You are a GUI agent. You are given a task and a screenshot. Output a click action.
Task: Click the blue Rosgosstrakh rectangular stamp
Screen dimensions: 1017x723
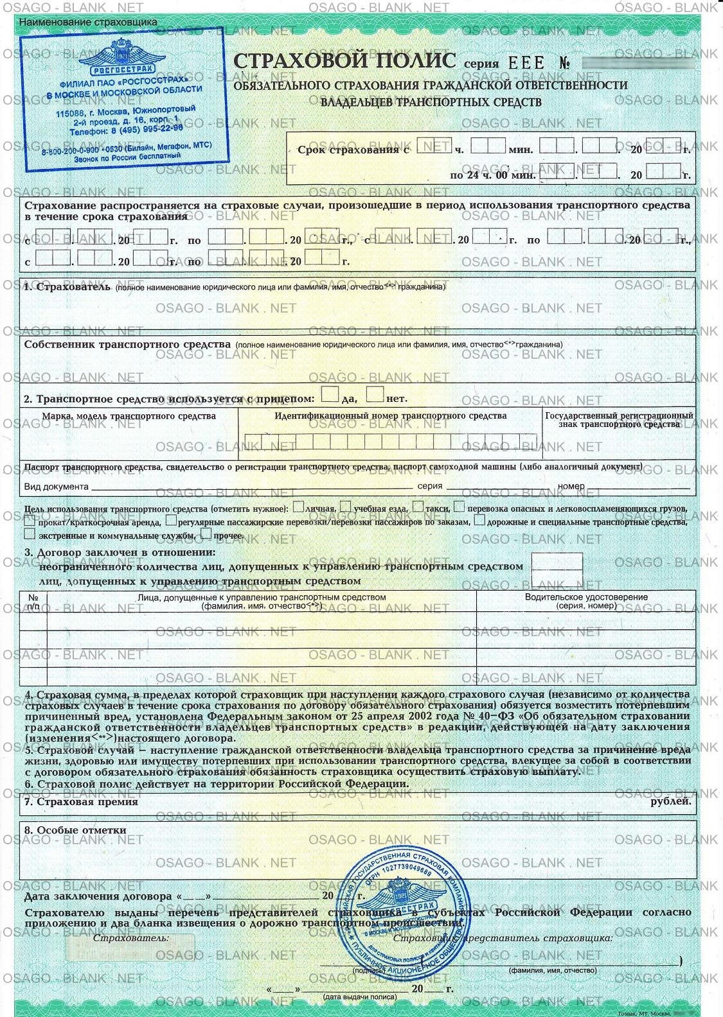(122, 100)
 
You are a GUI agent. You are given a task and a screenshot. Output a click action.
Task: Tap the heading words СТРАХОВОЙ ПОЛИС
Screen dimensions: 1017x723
(344, 61)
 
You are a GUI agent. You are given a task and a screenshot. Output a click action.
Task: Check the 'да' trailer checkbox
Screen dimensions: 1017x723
(330, 394)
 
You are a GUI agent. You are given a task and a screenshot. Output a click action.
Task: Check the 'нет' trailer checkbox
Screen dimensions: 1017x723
(375, 394)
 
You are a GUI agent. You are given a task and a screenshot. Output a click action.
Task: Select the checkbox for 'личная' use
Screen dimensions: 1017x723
(298, 508)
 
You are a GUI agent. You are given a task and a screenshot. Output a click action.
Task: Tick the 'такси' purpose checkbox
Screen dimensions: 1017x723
(418, 508)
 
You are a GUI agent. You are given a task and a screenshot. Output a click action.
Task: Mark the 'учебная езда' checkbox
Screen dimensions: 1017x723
(346, 508)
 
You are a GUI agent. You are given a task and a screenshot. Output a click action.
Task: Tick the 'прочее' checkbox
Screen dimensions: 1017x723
(206, 534)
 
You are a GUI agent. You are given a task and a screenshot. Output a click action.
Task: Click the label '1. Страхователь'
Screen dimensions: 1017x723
(67, 287)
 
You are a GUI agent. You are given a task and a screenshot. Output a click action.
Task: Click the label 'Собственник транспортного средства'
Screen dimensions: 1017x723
(127, 344)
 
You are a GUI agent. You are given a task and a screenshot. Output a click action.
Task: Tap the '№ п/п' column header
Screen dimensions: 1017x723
(33, 601)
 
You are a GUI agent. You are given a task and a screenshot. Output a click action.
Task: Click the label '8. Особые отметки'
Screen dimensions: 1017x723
(75, 830)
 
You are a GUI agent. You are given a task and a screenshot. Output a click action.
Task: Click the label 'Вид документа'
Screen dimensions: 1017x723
(56, 487)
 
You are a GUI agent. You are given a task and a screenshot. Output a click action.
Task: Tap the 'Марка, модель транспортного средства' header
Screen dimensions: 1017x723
(129, 416)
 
